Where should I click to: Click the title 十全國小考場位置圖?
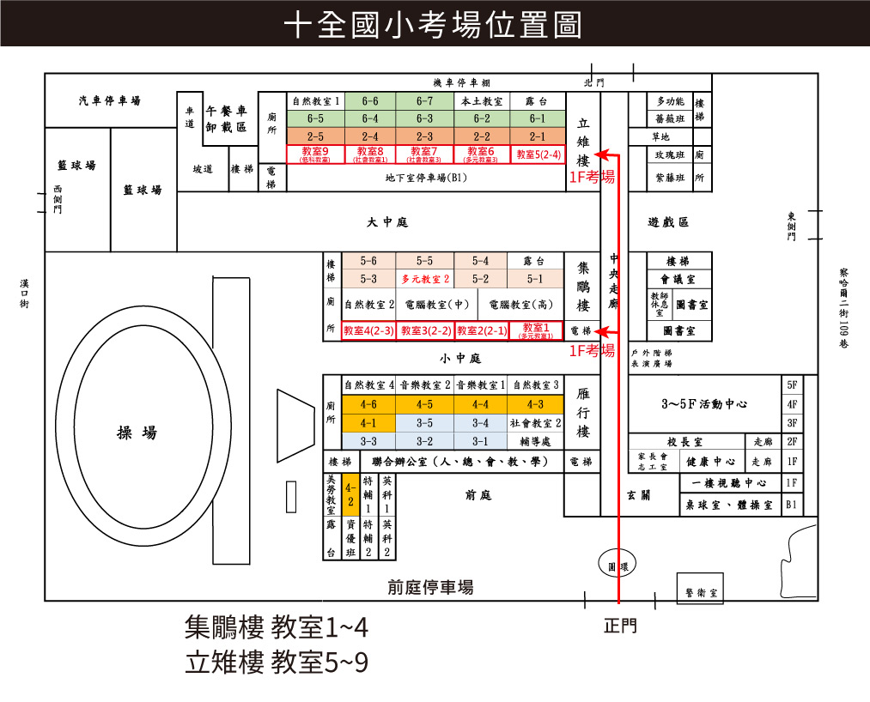(x=434, y=25)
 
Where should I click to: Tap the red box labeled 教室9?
(x=314, y=154)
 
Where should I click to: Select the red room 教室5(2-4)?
(x=538, y=154)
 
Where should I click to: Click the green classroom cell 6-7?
(x=425, y=100)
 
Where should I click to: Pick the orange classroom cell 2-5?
(x=314, y=136)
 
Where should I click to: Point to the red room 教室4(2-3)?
(x=368, y=330)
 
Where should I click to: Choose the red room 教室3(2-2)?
(x=424, y=330)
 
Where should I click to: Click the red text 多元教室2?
(x=424, y=279)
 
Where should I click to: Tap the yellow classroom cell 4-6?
(x=368, y=403)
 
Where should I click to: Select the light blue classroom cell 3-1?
(x=480, y=441)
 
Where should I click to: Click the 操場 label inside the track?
(x=137, y=432)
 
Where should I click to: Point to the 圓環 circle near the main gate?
(x=613, y=566)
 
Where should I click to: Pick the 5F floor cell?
(x=792, y=385)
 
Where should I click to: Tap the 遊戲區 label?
(x=667, y=222)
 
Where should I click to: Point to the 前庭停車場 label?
(x=429, y=588)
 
